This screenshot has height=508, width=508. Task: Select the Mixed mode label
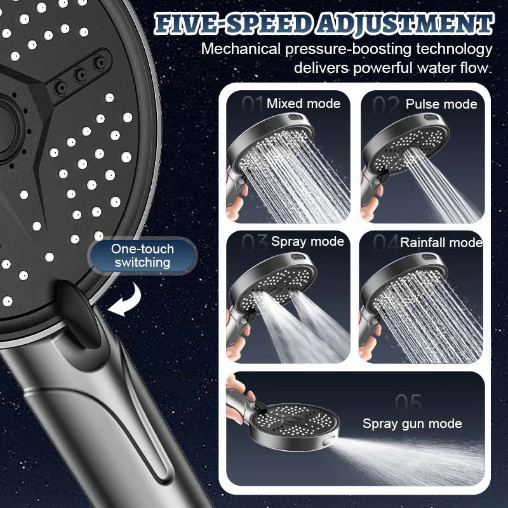(304, 104)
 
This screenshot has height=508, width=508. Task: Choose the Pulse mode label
(441, 104)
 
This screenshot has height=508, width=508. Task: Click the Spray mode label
(307, 241)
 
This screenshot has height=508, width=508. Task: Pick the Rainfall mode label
(441, 242)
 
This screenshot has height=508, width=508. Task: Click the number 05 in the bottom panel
(408, 403)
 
